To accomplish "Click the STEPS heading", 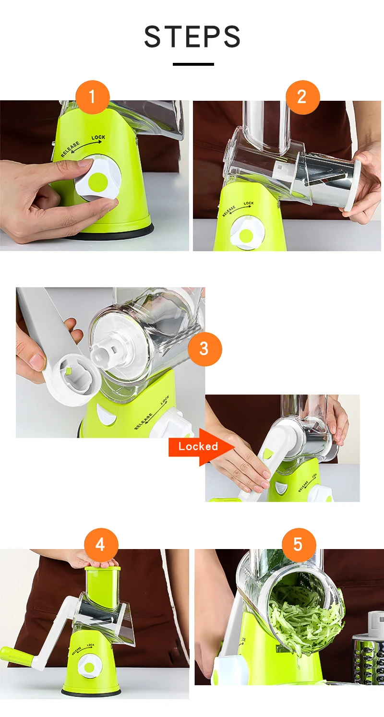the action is pos(192,36).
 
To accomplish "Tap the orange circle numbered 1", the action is pos(92,97).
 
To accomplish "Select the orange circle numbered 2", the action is pos(302,97).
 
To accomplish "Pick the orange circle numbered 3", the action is pos(204,348).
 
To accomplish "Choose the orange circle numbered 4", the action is pos(101,545).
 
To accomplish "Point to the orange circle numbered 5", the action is pos(299,545).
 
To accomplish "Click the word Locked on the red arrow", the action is pos(198,446).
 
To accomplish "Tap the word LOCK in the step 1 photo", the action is pos(98,137).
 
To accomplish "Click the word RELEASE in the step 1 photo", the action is pos(70,149).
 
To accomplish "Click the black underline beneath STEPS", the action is pos(193,64).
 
